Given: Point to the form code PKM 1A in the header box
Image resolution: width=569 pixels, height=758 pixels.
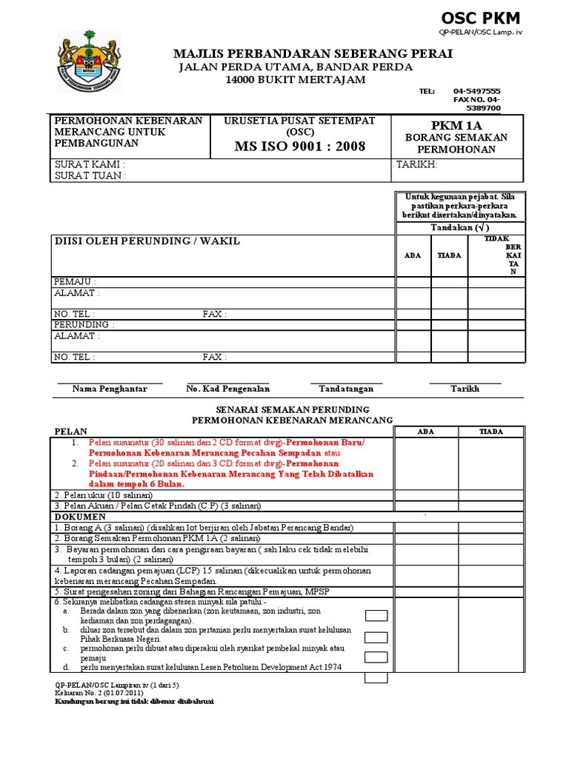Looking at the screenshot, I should (x=456, y=125).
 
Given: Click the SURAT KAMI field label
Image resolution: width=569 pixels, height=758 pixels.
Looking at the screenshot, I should (x=90, y=164).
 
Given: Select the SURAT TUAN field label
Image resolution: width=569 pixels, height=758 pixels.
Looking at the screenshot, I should (x=90, y=175).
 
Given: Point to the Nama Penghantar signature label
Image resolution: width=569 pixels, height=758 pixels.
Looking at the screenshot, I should (x=110, y=389).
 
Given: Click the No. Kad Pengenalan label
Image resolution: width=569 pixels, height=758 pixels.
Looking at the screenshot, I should (x=228, y=389).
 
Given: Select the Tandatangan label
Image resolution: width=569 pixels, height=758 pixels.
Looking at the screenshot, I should (x=346, y=389).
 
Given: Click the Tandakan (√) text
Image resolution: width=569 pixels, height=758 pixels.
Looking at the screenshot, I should (x=459, y=227).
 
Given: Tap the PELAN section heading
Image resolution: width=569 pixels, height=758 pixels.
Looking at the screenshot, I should (x=72, y=432).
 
